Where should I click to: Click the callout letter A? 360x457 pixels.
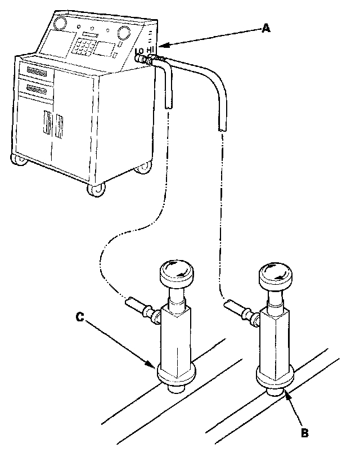tap(265, 28)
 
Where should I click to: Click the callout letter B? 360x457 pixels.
tap(305, 432)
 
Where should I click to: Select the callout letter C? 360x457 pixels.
tap(80, 318)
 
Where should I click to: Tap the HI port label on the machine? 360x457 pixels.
tap(150, 51)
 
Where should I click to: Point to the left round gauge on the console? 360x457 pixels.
tap(59, 25)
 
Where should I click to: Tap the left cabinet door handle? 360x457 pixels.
tap(47, 124)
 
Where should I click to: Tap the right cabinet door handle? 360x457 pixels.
tap(58, 126)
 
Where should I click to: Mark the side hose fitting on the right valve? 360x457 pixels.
tap(235, 309)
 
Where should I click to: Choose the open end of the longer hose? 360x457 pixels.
tap(222, 128)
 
